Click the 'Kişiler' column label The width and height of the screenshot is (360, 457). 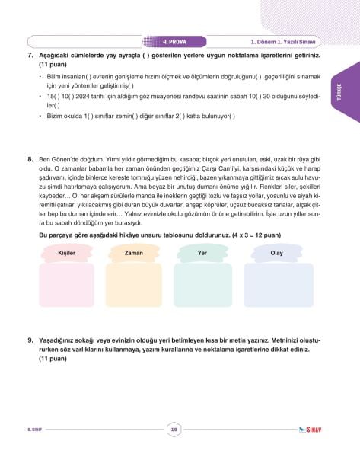(66, 252)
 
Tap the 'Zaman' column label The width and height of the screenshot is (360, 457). (134, 252)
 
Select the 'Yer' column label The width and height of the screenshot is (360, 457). (202, 252)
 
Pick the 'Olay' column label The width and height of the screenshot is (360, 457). (277, 252)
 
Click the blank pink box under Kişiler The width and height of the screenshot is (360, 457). (66, 285)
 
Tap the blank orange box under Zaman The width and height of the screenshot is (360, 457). (134, 285)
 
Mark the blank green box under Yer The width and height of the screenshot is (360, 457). (202, 285)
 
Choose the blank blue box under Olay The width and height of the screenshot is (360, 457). (278, 285)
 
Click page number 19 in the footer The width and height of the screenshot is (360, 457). (174, 431)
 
